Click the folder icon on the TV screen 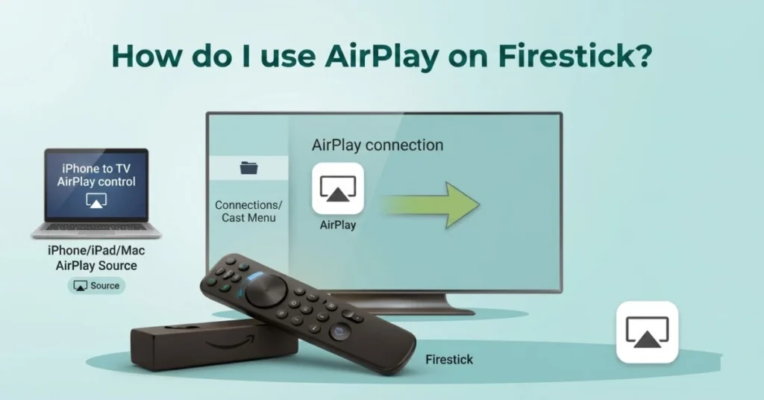click(x=249, y=169)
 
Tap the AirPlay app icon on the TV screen click(x=337, y=189)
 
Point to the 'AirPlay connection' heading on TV click(x=377, y=145)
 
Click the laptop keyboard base click(x=96, y=231)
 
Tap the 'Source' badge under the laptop click(x=96, y=285)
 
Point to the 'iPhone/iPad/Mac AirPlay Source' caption click(x=96, y=258)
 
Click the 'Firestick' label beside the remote click(x=449, y=360)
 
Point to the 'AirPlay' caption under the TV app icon click(x=337, y=225)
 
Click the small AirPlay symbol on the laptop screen click(x=96, y=200)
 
